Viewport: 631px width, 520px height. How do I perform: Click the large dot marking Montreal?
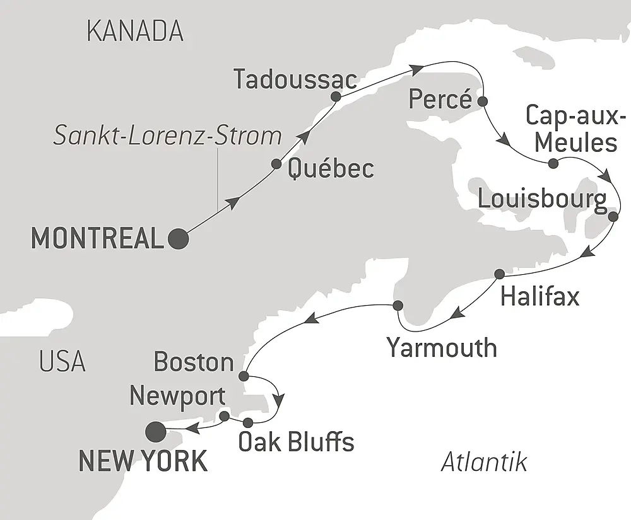tap(178, 239)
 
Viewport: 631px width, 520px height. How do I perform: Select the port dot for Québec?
tap(276, 164)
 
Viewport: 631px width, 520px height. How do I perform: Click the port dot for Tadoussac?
tap(336, 97)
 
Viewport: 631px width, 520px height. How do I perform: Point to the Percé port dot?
tap(483, 100)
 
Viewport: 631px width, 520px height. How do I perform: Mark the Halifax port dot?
tap(499, 274)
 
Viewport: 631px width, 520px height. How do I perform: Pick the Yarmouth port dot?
tap(398, 305)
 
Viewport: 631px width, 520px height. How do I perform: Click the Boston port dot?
tap(244, 376)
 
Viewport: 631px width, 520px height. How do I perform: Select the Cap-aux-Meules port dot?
tap(553, 164)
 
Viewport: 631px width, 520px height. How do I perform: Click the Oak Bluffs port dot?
tap(248, 422)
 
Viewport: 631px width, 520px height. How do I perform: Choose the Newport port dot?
tap(224, 415)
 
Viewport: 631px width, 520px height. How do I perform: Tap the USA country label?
tap(62, 362)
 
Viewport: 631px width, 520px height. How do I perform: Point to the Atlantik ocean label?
tap(484, 463)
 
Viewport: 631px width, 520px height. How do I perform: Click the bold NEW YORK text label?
tap(143, 461)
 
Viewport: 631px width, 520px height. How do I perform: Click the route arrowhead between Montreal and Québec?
tap(233, 203)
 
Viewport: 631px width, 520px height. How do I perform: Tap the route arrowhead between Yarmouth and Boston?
tap(310, 320)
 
